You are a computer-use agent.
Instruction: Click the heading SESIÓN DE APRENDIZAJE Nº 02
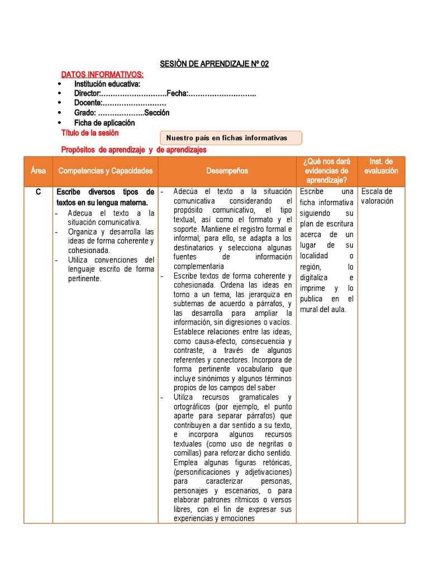214,64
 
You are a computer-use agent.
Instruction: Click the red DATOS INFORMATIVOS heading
102,74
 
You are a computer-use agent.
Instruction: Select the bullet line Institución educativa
107,84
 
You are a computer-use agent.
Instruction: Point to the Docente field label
88,103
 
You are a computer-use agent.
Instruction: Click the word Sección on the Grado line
156,113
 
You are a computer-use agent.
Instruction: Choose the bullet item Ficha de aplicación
104,122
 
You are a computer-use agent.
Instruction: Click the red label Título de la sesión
89,133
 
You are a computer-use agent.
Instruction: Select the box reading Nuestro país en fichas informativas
231,138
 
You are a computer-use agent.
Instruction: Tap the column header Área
38,171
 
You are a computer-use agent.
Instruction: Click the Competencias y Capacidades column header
105,171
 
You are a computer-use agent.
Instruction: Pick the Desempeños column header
227,171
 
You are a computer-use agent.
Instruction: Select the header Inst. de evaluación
380,166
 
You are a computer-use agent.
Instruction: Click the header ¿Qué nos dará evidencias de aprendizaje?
326,171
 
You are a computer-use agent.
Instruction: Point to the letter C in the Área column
38,192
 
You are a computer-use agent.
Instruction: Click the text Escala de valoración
377,197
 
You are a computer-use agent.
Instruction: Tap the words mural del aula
323,309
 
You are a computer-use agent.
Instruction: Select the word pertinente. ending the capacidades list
85,278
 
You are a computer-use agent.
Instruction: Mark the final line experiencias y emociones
213,518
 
